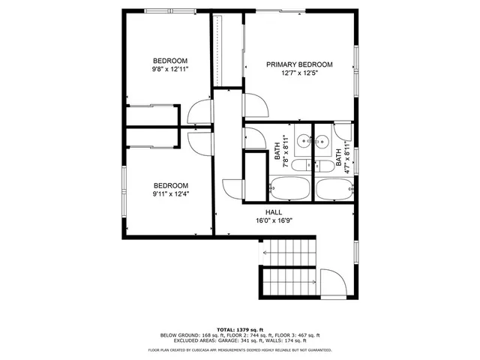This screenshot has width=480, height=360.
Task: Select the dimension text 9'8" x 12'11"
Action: (x=170, y=69)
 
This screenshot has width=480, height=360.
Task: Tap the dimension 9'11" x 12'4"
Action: (x=170, y=194)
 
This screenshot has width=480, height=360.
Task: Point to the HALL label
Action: (x=283, y=213)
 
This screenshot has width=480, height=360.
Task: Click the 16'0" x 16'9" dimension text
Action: (x=283, y=221)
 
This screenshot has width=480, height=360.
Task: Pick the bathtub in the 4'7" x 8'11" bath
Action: (x=334, y=188)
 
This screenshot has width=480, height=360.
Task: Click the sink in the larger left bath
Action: (x=302, y=139)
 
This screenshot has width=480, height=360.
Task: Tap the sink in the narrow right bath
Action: (x=323, y=139)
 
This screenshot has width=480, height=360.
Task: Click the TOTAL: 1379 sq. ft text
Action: (x=239, y=329)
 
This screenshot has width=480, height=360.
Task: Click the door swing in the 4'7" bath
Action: (x=342, y=130)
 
